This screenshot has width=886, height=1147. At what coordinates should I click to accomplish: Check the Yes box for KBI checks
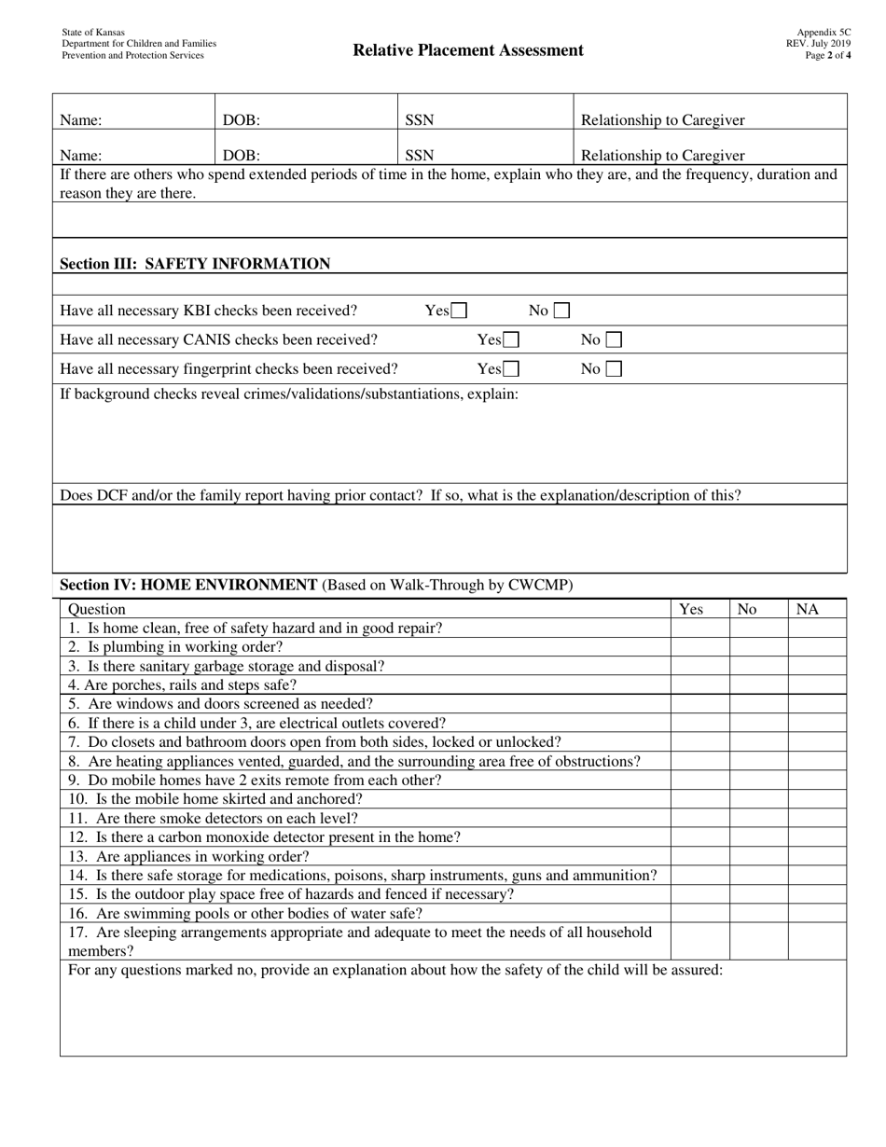(x=459, y=311)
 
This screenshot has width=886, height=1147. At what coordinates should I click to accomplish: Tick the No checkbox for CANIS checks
(x=614, y=340)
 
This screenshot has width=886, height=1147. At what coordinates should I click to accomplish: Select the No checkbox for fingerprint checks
(x=614, y=369)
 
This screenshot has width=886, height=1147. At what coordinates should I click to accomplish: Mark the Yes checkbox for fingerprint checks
(x=511, y=369)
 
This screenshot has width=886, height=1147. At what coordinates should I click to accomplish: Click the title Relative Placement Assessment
(x=468, y=50)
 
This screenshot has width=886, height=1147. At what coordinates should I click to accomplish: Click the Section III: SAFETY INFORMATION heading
(x=195, y=264)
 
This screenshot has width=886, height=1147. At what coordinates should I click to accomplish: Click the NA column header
(x=807, y=609)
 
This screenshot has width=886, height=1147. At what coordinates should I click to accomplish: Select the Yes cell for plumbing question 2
(x=699, y=646)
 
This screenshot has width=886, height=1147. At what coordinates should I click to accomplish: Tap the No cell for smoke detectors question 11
(x=758, y=818)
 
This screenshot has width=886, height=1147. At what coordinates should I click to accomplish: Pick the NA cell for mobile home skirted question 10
(x=817, y=799)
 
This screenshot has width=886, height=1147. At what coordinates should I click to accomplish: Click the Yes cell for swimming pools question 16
(x=699, y=913)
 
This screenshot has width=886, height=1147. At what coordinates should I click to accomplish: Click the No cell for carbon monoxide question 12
(x=758, y=837)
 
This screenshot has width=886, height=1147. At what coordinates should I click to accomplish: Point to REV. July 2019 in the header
(x=818, y=44)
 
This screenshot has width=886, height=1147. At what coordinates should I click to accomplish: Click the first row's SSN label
(x=419, y=119)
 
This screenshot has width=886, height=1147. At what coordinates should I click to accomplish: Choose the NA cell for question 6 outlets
(x=817, y=723)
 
